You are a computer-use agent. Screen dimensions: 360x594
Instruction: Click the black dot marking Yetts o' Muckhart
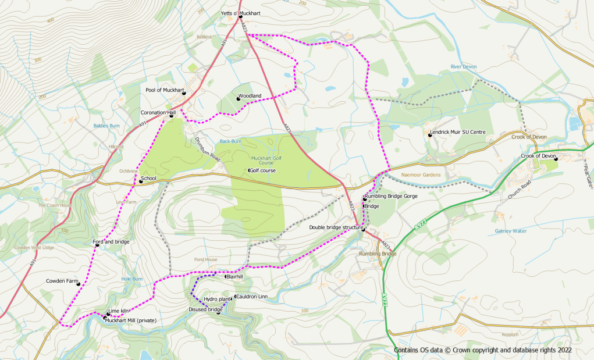click(240, 17)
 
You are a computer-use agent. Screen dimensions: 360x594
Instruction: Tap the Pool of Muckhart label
click(165, 90)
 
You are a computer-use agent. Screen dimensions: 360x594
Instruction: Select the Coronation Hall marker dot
click(171, 116)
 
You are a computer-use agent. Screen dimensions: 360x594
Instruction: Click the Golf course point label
click(262, 170)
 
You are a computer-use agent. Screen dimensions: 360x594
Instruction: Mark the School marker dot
click(140, 181)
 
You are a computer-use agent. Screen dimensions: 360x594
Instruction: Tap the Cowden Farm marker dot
click(79, 284)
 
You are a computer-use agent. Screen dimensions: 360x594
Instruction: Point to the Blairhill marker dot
click(226, 277)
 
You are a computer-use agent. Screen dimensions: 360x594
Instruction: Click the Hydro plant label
click(216, 299)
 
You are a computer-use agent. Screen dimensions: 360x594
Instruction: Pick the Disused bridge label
click(205, 310)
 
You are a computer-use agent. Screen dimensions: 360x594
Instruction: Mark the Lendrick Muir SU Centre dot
click(430, 136)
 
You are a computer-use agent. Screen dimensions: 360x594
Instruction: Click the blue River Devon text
click(463, 67)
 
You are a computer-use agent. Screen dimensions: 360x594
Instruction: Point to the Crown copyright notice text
click(482, 350)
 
